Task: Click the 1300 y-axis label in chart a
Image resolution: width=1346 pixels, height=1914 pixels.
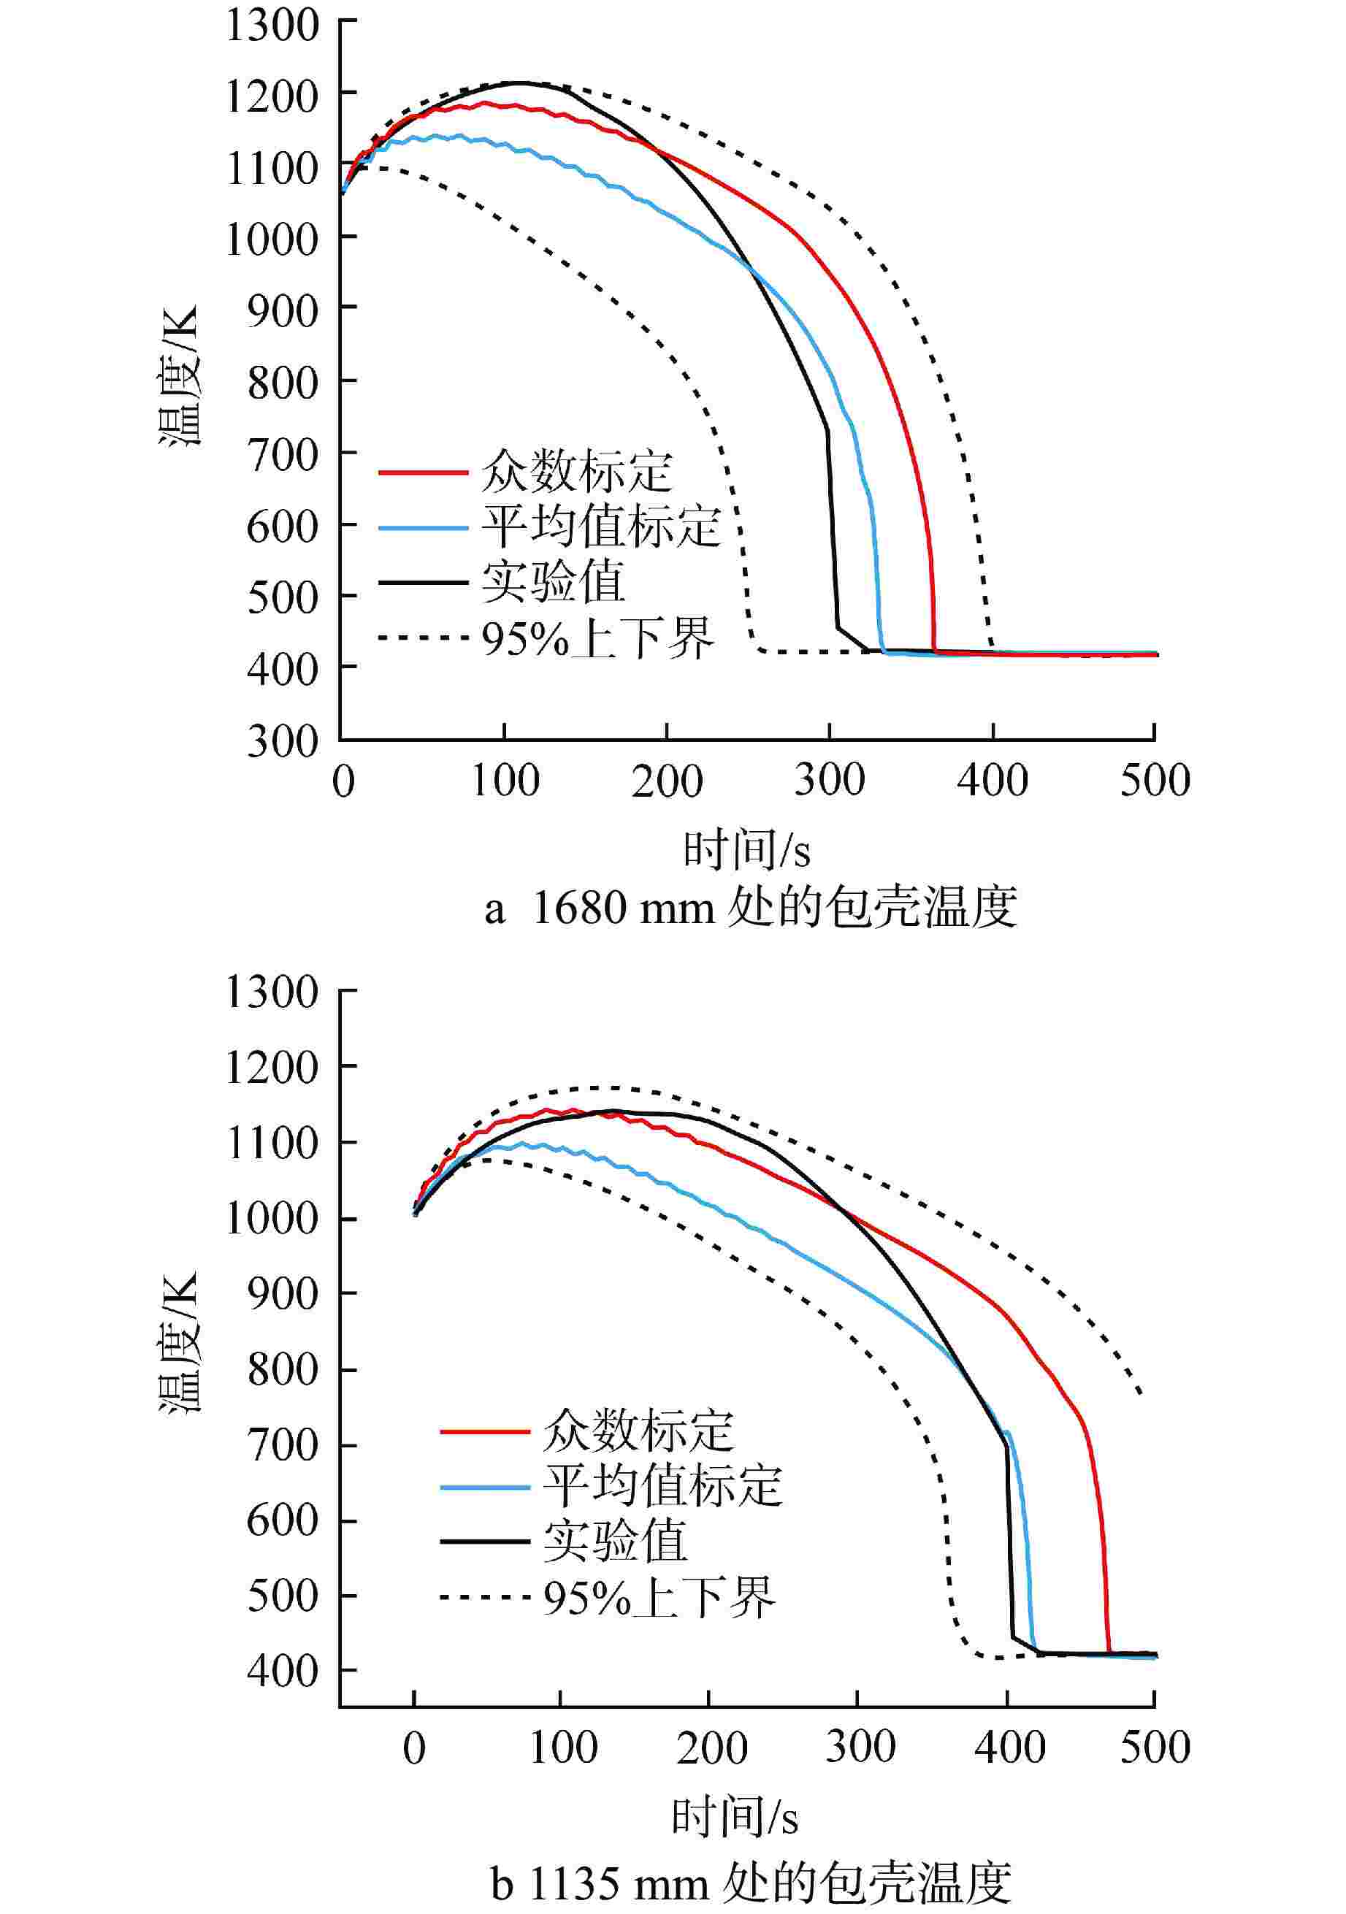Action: (x=272, y=25)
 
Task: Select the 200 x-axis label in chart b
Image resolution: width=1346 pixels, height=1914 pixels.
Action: (x=711, y=1747)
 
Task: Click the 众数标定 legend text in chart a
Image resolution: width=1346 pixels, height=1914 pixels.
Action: (x=576, y=472)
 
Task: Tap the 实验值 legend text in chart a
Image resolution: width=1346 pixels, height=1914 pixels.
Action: (x=553, y=581)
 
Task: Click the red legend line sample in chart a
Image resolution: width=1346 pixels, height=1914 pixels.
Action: (x=423, y=472)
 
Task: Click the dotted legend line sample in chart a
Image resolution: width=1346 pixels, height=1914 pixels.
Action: (x=423, y=638)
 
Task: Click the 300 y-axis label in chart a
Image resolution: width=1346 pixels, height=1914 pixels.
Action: (x=283, y=740)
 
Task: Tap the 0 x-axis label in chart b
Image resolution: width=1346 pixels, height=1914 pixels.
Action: (x=415, y=1747)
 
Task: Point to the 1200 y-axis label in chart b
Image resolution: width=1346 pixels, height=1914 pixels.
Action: (x=272, y=1067)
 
